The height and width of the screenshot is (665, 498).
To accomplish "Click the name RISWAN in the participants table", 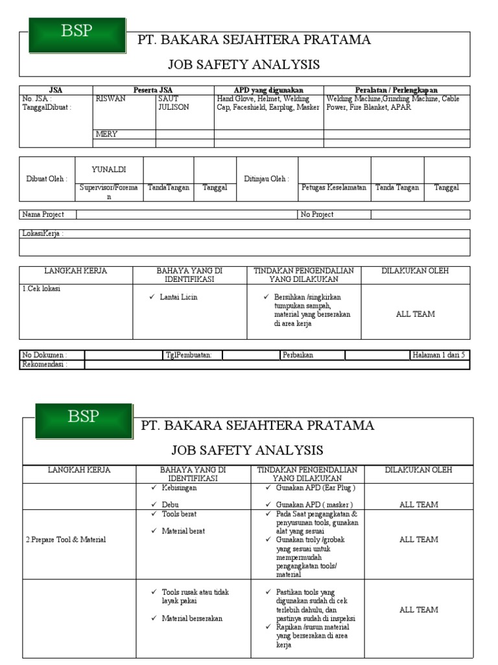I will point(111,99).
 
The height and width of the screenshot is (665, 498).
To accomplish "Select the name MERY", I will point(106,134).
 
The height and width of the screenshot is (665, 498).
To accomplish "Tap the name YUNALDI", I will point(109,169).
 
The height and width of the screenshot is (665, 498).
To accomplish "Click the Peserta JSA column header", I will point(153,90).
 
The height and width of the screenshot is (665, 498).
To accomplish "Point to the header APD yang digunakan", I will point(268,90).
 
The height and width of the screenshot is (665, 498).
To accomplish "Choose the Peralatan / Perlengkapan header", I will point(396,90).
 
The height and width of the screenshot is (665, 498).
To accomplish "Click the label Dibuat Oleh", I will point(47,179).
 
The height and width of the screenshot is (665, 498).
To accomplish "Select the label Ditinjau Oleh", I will point(267,179).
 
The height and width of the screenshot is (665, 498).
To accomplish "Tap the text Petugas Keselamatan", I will point(334,188).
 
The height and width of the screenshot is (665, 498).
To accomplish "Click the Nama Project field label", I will point(43,214).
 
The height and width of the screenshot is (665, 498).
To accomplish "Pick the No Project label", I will point(317,214).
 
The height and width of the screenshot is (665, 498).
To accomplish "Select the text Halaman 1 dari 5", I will point(438,355).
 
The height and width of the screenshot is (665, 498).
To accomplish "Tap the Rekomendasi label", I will point(45,364).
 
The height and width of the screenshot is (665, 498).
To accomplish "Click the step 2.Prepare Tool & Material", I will point(65,540).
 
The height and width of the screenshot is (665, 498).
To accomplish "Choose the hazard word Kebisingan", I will point(180,488).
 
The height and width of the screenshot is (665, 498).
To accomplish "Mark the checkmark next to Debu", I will point(154,505).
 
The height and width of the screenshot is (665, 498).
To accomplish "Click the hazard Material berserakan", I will point(192,618).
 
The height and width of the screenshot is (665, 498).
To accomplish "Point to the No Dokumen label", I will point(44,355).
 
